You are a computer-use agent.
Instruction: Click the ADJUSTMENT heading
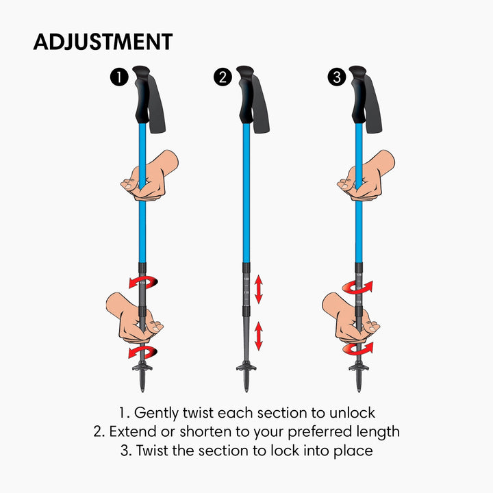pyautogui.click(x=103, y=41)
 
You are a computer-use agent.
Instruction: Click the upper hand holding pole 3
pyautogui.click(x=366, y=176)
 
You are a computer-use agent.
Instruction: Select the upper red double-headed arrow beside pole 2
pyautogui.click(x=259, y=289)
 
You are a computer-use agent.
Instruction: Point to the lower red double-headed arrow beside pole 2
pyautogui.click(x=259, y=337)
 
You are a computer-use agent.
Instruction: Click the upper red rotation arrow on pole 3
pyautogui.click(x=357, y=287)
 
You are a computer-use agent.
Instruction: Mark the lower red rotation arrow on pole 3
pyautogui.click(x=358, y=348)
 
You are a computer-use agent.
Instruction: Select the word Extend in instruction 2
pyautogui.click(x=132, y=432)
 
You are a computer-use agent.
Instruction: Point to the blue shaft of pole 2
pyautogui.click(x=246, y=192)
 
